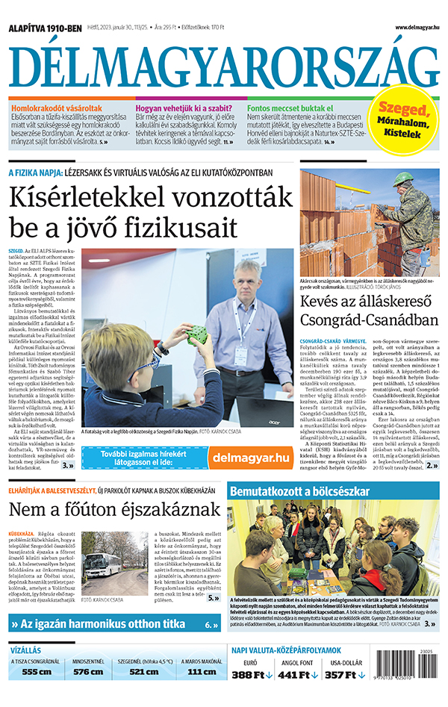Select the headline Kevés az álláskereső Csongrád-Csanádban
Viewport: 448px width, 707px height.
(369, 312)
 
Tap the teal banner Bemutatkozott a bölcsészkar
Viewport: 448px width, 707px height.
(299, 492)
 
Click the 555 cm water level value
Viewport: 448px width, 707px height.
(36, 671)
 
